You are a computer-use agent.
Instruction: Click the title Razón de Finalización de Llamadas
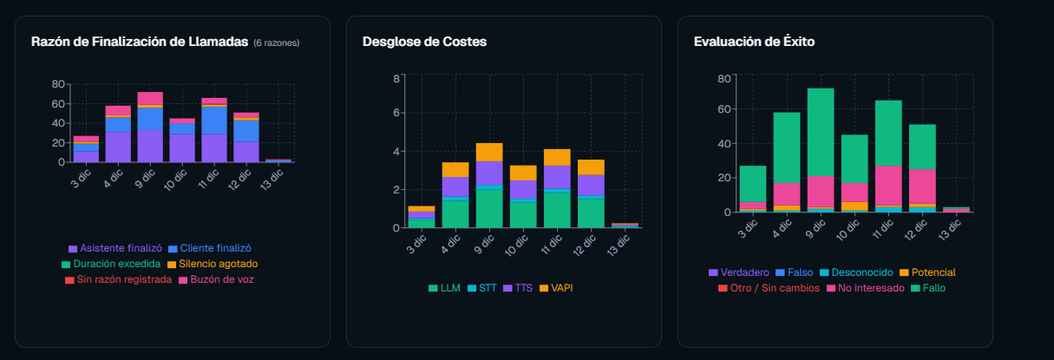(140, 42)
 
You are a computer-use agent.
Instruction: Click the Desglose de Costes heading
(424, 42)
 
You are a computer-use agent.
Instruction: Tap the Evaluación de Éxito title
(754, 42)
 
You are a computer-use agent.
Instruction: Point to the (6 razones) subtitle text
(277, 43)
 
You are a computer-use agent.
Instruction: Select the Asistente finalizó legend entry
(115, 248)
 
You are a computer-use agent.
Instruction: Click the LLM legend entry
(444, 287)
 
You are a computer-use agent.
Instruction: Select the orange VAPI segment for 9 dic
(489, 152)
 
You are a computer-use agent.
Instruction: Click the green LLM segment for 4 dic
(455, 214)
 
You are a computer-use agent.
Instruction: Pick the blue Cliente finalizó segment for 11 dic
(214, 120)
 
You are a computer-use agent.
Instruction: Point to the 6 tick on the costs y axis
(396, 113)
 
